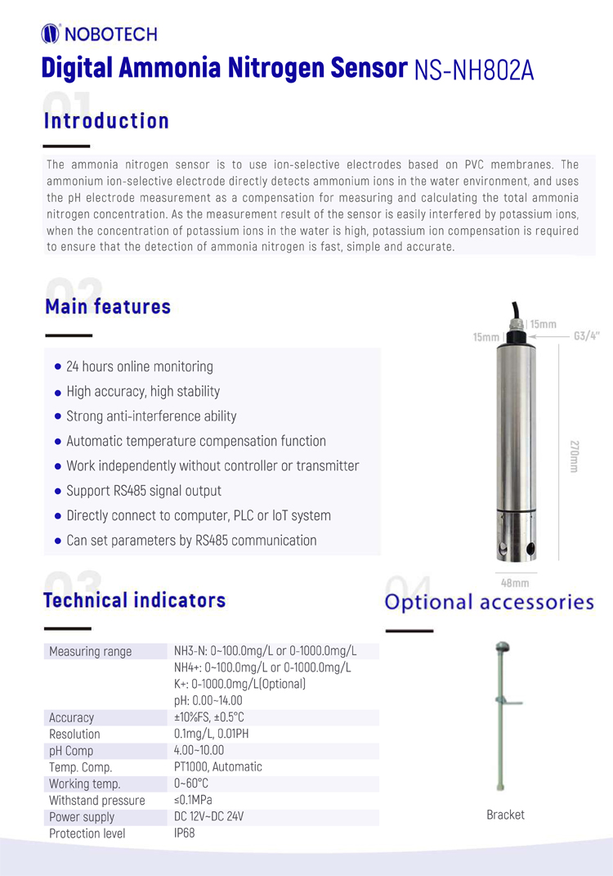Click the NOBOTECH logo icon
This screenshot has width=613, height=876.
point(51,34)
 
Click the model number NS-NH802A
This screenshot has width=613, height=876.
point(474,70)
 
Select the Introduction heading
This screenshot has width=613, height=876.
point(106,121)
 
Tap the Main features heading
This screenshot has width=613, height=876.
point(108,307)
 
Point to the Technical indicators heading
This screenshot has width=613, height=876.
point(134,600)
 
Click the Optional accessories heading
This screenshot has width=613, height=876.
point(489,603)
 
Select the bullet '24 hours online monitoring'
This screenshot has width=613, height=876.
point(139,366)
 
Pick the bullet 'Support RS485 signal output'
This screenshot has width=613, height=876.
point(144,491)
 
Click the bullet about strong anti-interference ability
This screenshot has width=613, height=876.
point(151,416)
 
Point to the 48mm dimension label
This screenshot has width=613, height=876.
point(514,583)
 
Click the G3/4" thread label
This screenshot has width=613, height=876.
point(587,335)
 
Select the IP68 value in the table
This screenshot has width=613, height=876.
point(185,833)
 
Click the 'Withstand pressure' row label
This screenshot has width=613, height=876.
point(96,800)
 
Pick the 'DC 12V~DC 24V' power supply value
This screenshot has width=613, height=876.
point(208,816)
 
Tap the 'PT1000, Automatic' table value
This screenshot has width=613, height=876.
point(218,766)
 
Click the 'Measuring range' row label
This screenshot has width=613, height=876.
point(90,651)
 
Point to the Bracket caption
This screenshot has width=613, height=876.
point(505,815)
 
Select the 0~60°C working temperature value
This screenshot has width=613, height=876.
point(192,784)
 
